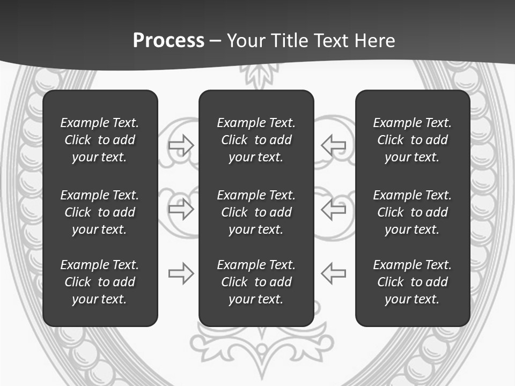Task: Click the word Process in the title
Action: [x=168, y=41]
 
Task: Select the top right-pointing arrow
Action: [x=181, y=145]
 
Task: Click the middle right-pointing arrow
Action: [x=181, y=209]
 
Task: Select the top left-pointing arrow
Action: [x=334, y=145]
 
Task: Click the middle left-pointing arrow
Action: [x=334, y=209]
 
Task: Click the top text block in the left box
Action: [x=100, y=140]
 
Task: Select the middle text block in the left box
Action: [x=100, y=212]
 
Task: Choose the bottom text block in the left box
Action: [x=100, y=282]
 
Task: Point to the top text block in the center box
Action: [x=256, y=140]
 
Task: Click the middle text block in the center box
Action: [x=256, y=212]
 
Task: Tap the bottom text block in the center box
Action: [x=256, y=282]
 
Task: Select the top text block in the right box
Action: [x=413, y=140]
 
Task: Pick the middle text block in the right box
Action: [x=413, y=212]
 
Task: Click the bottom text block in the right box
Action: [x=413, y=282]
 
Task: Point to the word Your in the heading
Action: [x=246, y=41]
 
